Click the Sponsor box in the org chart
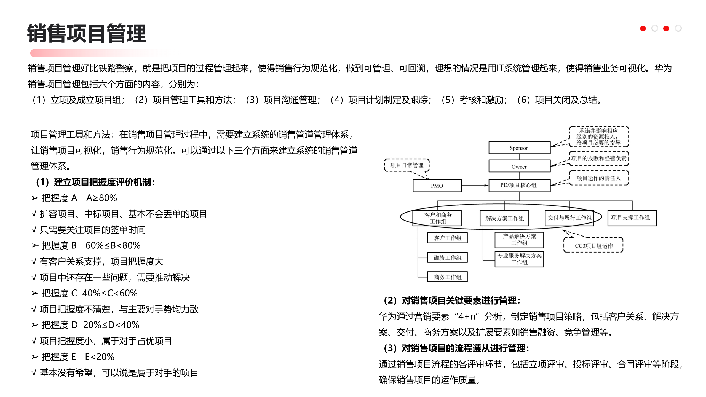coord(519,148)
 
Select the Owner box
coord(519,166)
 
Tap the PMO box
coord(437,186)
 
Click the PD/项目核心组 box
coord(519,185)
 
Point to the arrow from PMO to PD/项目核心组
coord(475,185)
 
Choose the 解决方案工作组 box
coord(504,218)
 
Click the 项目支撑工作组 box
coord(632,218)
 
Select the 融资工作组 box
coord(447,257)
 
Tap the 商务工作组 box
coord(447,277)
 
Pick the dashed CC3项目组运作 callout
coord(593,245)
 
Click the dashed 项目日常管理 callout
coord(407,165)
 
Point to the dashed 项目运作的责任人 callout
coord(598,178)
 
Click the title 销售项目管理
coord(87,34)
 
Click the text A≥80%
coord(101,198)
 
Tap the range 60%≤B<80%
coord(113,245)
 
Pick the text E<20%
coord(100,357)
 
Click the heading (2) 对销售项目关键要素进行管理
coord(451,301)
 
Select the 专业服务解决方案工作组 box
coord(519,259)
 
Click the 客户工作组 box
coord(447,238)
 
